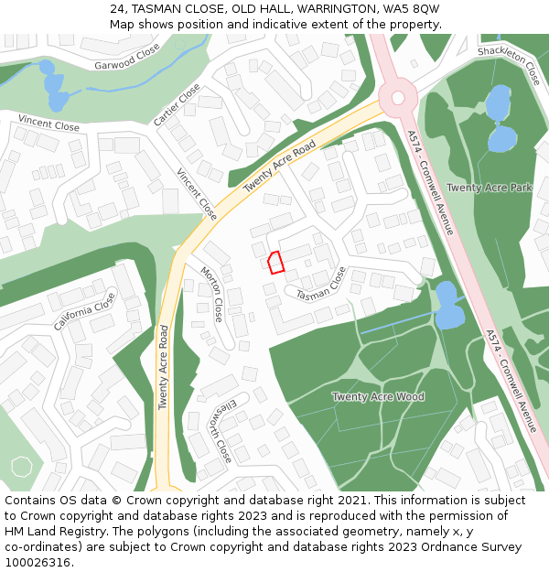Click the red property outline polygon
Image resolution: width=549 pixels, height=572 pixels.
point(274,263)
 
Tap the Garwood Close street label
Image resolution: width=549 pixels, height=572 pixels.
point(127,57)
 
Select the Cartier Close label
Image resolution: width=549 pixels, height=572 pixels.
point(177,104)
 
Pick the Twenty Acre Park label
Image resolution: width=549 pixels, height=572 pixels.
point(489,188)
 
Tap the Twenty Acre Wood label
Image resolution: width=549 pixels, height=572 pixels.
point(378,396)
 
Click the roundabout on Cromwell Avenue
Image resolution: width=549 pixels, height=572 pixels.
point(398,97)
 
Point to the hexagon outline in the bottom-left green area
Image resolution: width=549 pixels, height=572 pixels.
point(21,466)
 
